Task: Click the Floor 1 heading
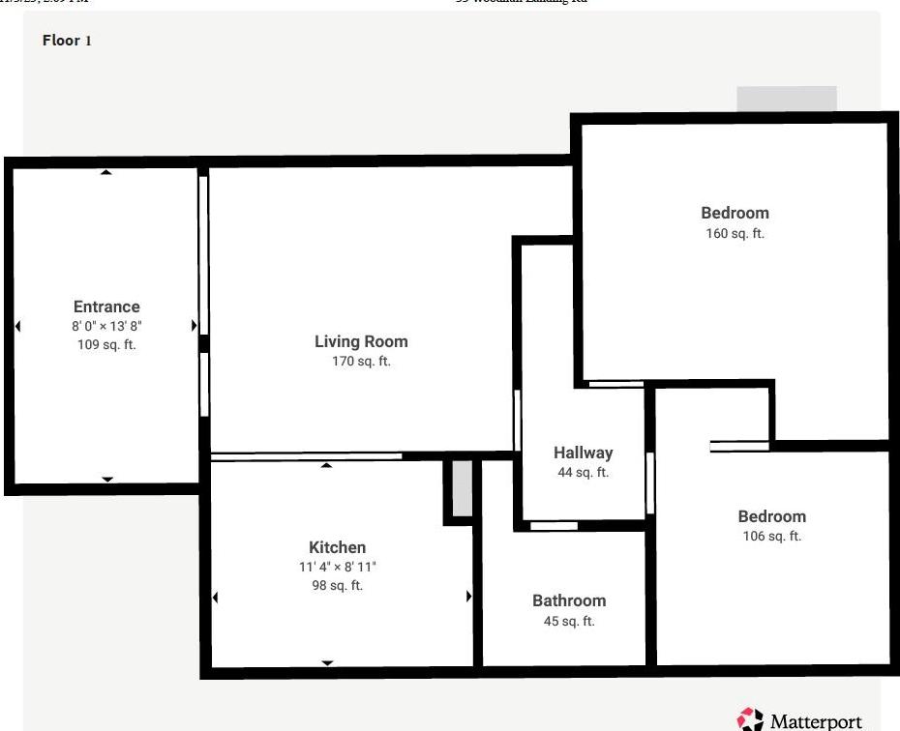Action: pyautogui.click(x=67, y=41)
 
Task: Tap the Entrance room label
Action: pyautogui.click(x=106, y=307)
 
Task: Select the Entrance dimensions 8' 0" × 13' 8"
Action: pyautogui.click(x=106, y=327)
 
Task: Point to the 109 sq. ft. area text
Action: pyautogui.click(x=106, y=345)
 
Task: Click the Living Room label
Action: pyautogui.click(x=361, y=341)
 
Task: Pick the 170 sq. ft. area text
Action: pyautogui.click(x=361, y=362)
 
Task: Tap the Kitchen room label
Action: pyautogui.click(x=337, y=547)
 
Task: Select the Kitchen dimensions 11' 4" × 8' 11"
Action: pyautogui.click(x=337, y=568)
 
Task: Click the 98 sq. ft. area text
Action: pyautogui.click(x=337, y=586)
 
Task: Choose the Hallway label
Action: pyautogui.click(x=583, y=453)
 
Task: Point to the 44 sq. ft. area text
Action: pyautogui.click(x=583, y=473)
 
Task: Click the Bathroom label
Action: pyautogui.click(x=569, y=600)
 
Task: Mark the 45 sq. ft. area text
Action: pyautogui.click(x=569, y=622)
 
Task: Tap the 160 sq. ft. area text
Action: pyautogui.click(x=735, y=234)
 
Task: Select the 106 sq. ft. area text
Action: pyautogui.click(x=771, y=537)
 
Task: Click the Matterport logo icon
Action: pyautogui.click(x=750, y=719)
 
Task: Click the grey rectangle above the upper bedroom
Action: pyautogui.click(x=786, y=100)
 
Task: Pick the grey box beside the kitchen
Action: pyautogui.click(x=463, y=488)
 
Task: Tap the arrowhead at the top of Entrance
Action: pyautogui.click(x=106, y=172)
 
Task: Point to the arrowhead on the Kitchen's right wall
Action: pyautogui.click(x=469, y=597)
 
